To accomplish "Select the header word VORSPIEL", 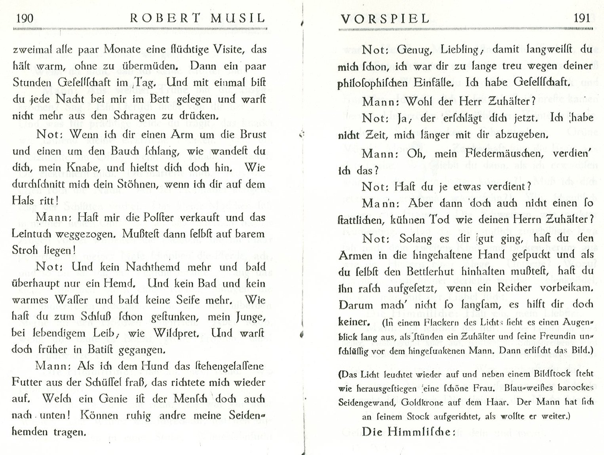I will tap(384, 18).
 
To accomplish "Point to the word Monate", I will tap(122, 50).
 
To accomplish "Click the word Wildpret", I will tap(176, 333).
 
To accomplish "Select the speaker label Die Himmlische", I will tap(406, 432).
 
